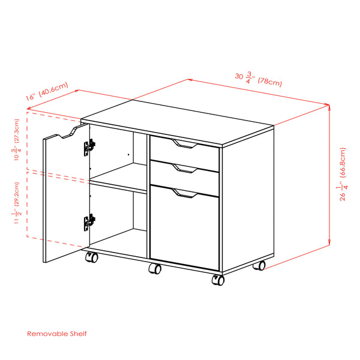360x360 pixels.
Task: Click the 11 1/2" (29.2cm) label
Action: click(17, 202)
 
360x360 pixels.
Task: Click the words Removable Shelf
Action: click(59, 332)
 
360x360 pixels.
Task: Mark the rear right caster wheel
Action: click(260, 265)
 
